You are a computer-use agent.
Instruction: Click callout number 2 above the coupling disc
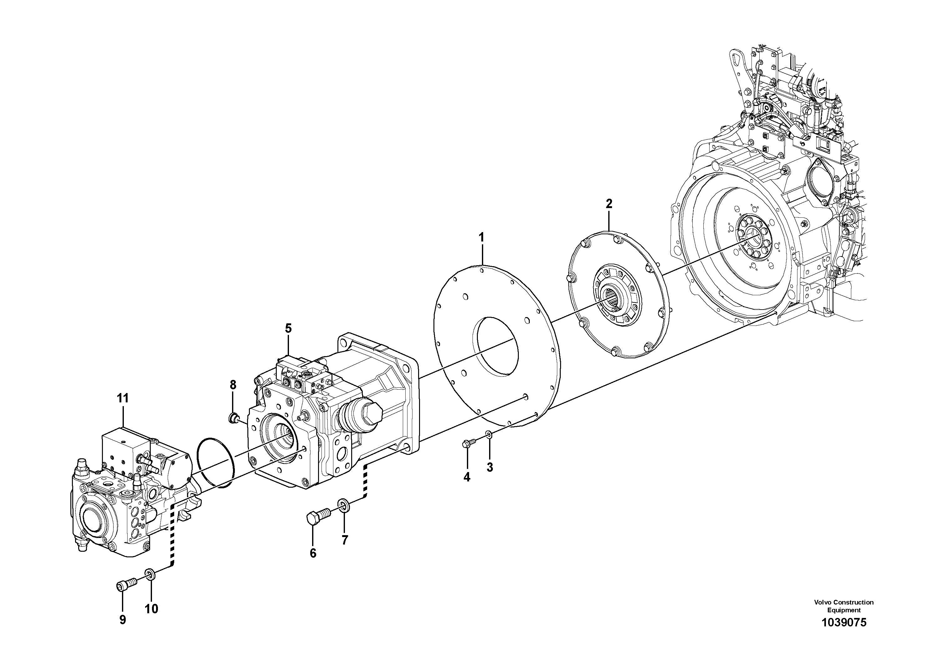pos(609,204)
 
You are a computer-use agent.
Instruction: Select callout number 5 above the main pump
pos(288,328)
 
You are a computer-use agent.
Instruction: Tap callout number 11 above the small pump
pos(123,398)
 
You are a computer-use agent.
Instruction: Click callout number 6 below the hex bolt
pos(313,553)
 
